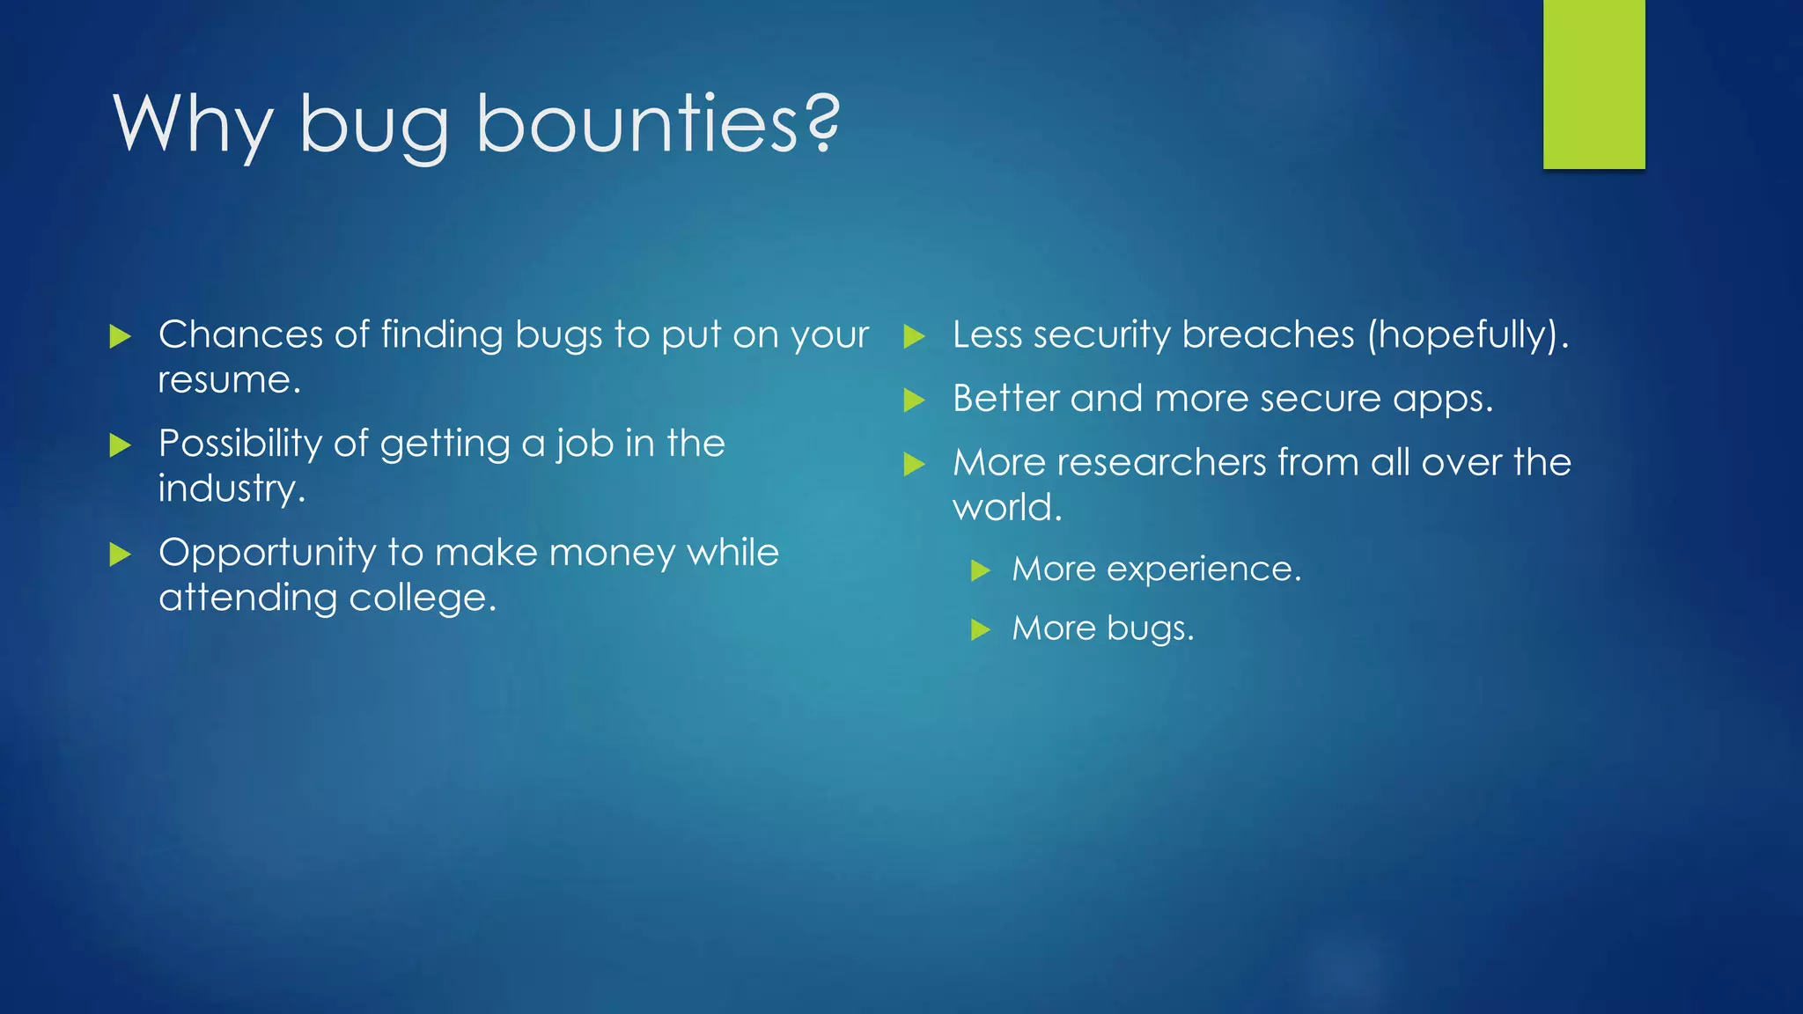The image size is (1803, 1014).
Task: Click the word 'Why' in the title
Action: coord(192,125)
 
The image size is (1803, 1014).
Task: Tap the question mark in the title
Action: coord(823,123)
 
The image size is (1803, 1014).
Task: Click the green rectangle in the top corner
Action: coord(1593,84)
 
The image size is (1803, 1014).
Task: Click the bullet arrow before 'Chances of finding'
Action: coord(121,336)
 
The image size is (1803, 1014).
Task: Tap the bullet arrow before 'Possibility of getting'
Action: coord(121,445)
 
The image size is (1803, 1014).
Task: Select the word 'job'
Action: coord(585,444)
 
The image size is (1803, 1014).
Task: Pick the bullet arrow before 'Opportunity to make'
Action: coord(121,555)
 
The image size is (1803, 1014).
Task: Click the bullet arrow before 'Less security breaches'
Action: coord(915,336)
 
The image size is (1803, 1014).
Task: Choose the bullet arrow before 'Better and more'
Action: coord(915,401)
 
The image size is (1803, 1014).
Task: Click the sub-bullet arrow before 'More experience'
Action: coord(981,571)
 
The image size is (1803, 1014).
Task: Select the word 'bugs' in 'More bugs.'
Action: coord(1144,628)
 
